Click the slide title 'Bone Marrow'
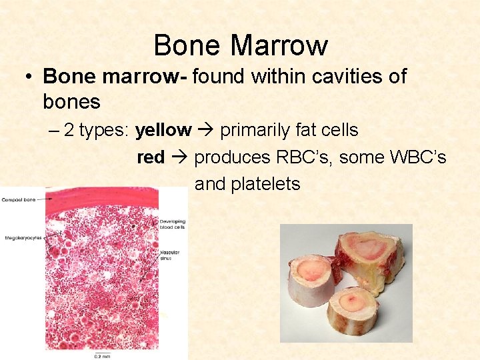(x=240, y=45)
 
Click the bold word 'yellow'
(x=163, y=130)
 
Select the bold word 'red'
(x=150, y=157)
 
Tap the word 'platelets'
(x=265, y=184)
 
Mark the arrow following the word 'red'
(x=179, y=157)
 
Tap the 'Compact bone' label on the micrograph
(x=18, y=199)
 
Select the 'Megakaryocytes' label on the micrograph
(x=23, y=237)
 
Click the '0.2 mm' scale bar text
(x=101, y=355)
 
